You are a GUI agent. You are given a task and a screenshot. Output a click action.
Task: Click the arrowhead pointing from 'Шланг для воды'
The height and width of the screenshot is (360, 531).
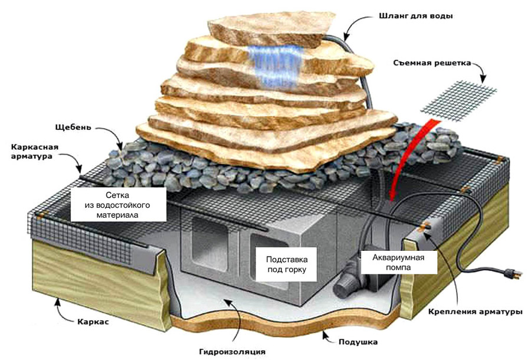[x=348, y=32]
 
